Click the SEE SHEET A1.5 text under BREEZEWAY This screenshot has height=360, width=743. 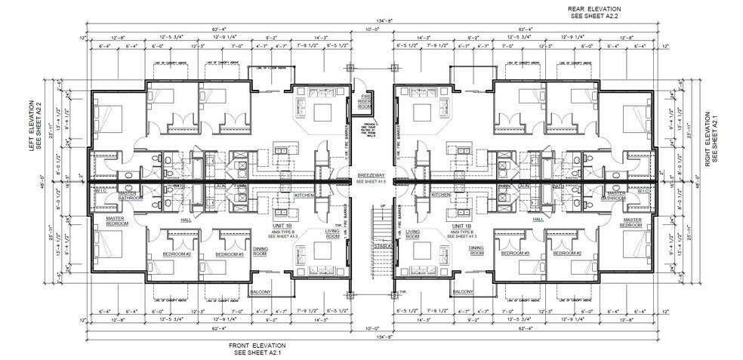point(371,183)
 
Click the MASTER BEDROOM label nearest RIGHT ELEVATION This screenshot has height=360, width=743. point(632,223)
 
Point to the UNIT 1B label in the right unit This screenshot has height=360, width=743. point(461,226)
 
